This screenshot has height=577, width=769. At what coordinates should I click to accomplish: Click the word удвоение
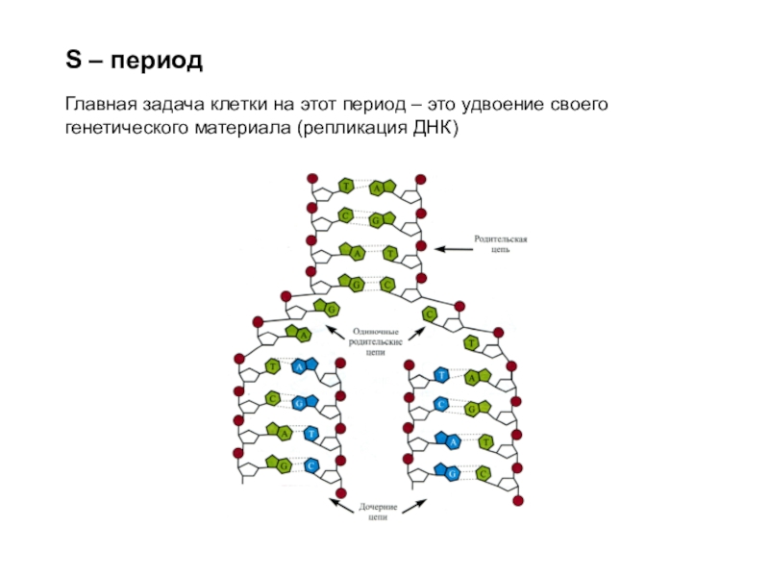[x=497, y=104]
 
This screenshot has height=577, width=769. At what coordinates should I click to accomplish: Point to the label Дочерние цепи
[x=378, y=512]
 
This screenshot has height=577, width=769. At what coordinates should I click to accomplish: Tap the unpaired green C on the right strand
[x=430, y=314]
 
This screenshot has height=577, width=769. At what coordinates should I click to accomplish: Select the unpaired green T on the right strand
[x=470, y=342]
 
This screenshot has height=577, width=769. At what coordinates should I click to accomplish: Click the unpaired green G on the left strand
[x=331, y=309]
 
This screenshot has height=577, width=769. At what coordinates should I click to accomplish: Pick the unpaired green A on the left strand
[x=303, y=335]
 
